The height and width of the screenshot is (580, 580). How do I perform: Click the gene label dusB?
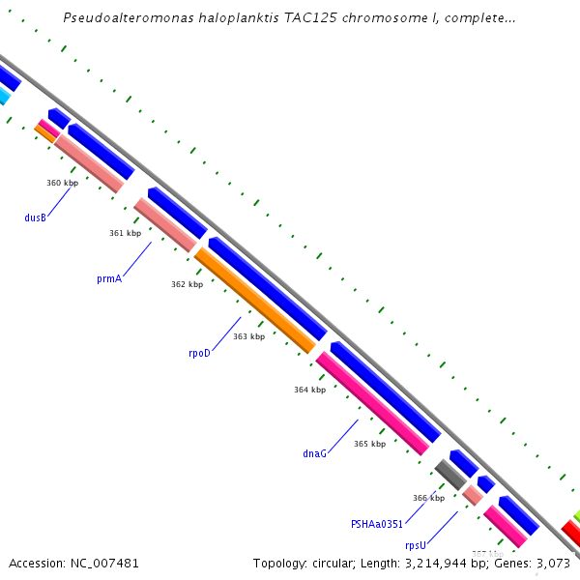point(36,217)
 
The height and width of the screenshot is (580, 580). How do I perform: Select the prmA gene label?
point(109,278)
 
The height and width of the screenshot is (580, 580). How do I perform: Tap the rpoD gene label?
point(199,353)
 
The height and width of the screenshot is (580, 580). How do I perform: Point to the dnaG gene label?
point(314,452)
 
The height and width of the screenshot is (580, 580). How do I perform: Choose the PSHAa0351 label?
point(376,524)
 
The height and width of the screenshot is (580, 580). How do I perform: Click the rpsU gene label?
point(416,545)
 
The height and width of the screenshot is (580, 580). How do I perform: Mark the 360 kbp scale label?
point(62,183)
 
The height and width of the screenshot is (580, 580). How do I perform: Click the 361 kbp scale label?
point(125,233)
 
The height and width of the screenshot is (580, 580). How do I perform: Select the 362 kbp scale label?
point(187,284)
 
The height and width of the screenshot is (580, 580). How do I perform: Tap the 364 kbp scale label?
point(309,390)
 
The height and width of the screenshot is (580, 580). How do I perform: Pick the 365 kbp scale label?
point(369,444)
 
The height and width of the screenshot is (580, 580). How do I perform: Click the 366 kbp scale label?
point(428,498)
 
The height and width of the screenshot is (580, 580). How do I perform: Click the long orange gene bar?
point(255,301)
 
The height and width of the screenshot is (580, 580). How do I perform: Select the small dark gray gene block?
point(450,475)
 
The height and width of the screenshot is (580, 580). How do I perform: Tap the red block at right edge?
point(571,532)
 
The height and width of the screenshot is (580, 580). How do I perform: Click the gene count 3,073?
point(553,563)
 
